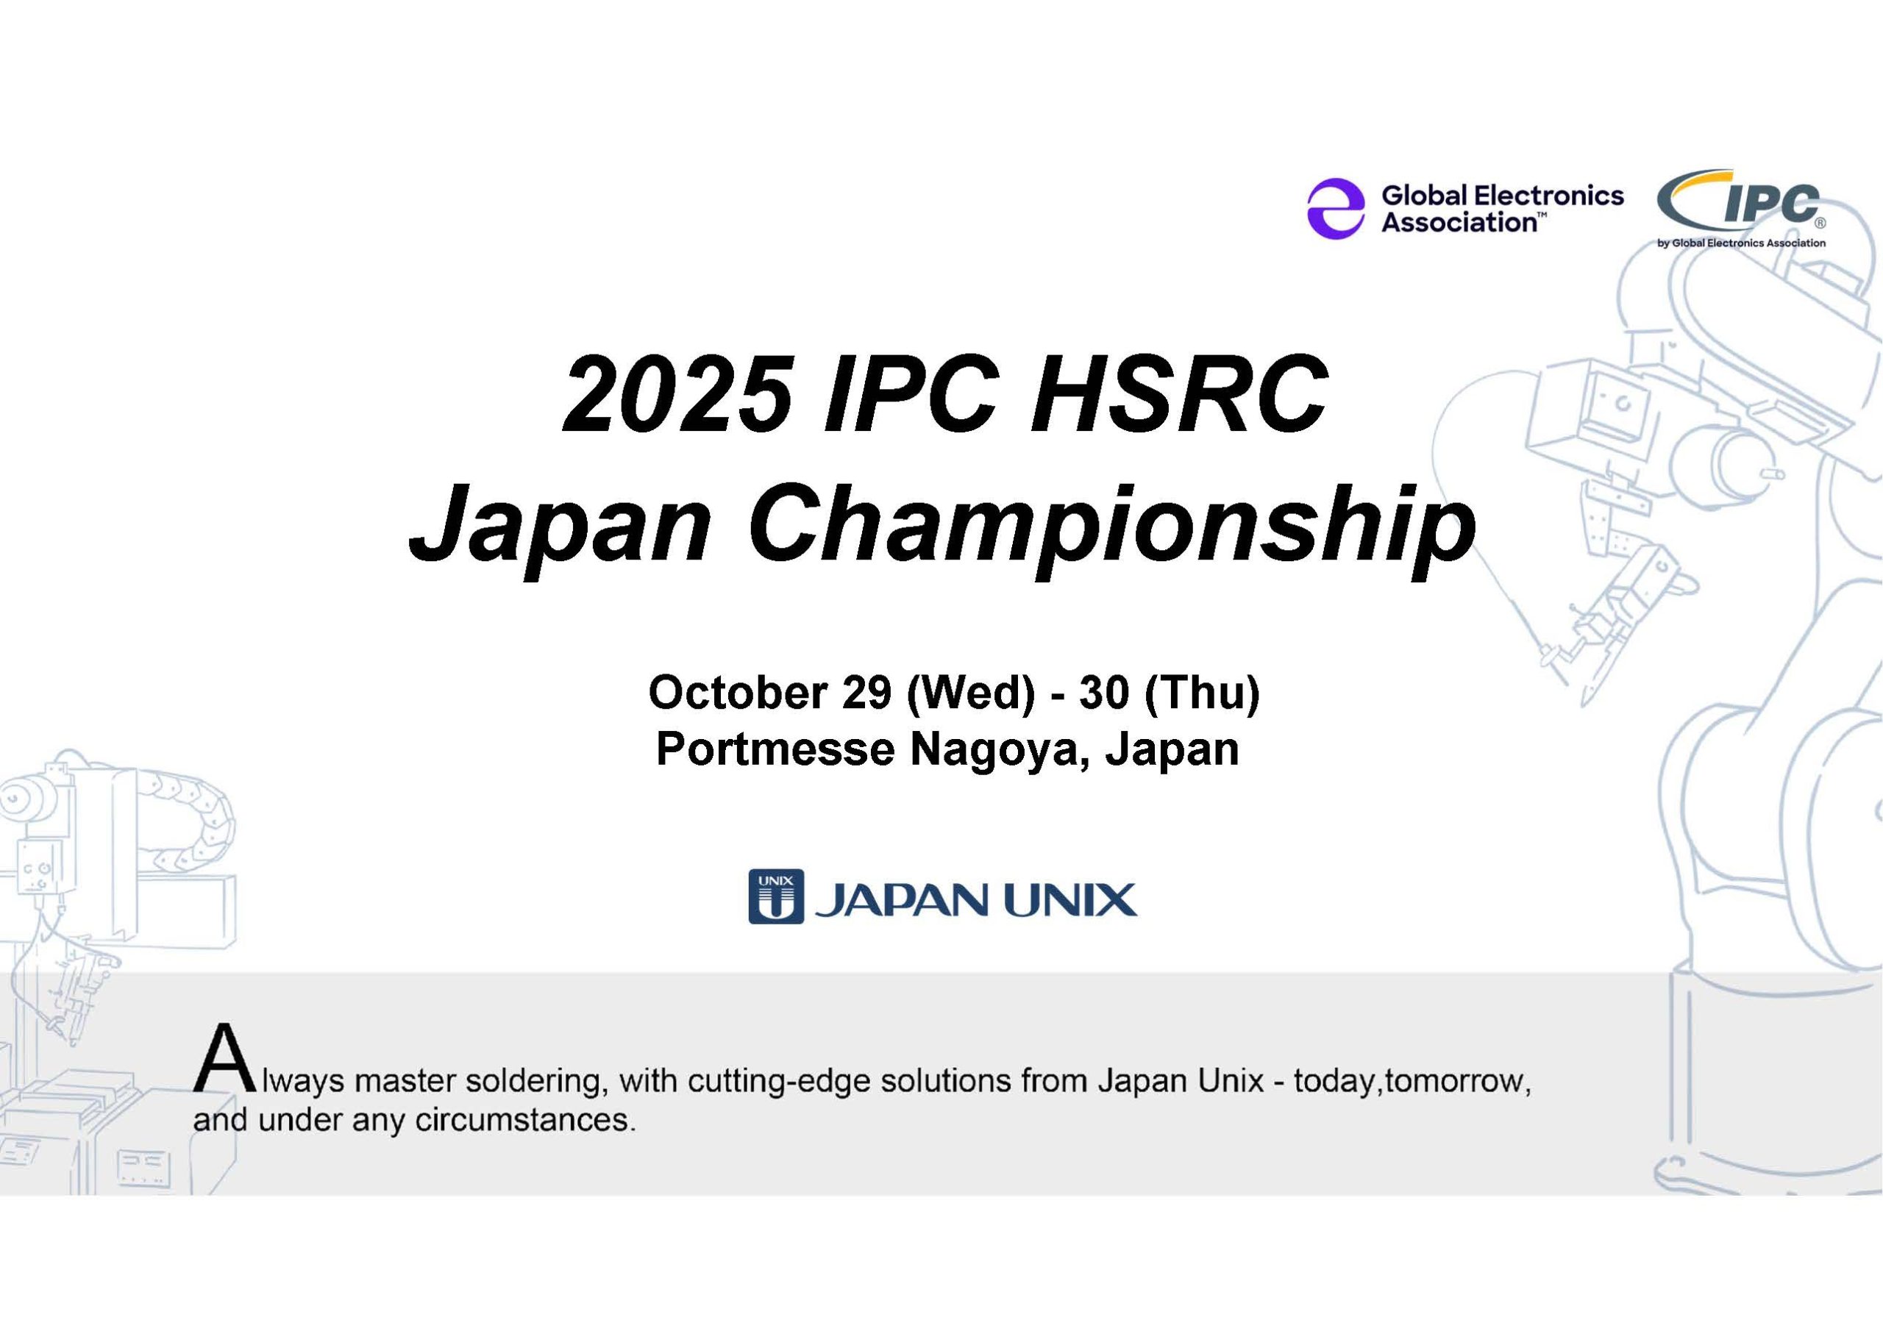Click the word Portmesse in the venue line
[x=776, y=749]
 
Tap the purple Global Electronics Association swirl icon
[x=1336, y=208]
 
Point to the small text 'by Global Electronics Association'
[x=1741, y=243]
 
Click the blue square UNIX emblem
[x=776, y=896]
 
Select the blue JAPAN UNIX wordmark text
[x=975, y=899]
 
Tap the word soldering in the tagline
[x=536, y=1082]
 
